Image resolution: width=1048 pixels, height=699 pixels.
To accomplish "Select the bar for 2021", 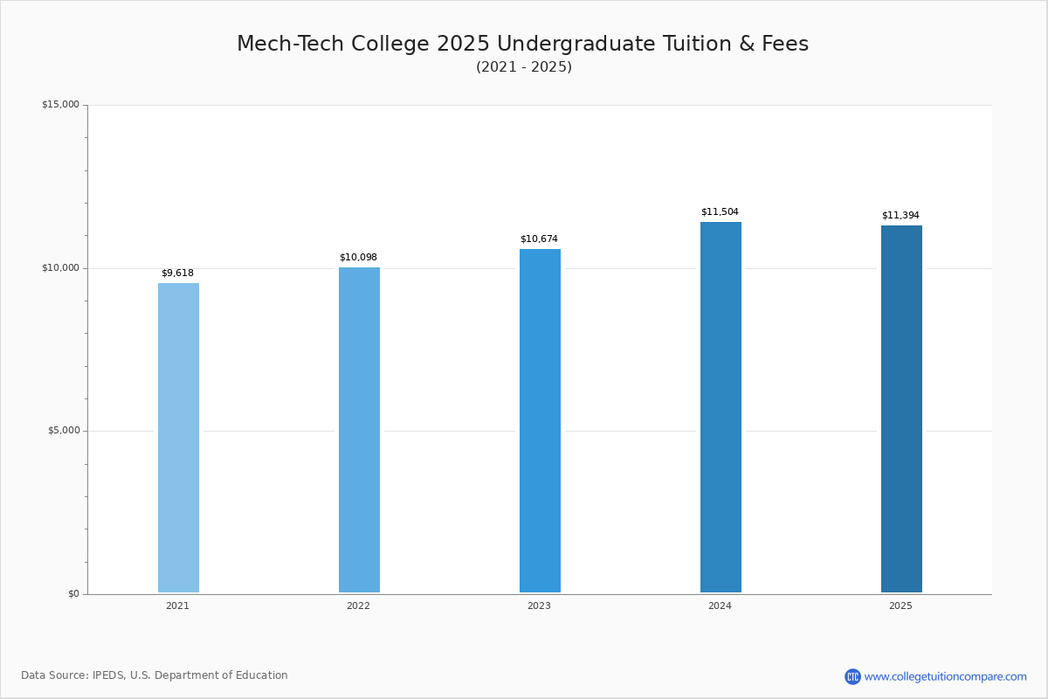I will point(178,438).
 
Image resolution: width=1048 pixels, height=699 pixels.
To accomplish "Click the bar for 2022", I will point(359,430).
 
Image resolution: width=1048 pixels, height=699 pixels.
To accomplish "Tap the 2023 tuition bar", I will point(540,420).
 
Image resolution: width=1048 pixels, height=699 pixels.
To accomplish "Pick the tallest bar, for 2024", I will point(720,407).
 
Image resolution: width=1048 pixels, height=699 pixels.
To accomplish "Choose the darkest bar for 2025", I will point(901,409).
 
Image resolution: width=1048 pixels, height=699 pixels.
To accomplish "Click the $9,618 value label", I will point(177,273).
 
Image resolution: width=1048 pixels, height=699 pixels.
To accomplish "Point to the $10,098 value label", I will point(358,258).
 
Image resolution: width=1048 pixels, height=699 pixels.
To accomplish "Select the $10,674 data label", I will point(539,239).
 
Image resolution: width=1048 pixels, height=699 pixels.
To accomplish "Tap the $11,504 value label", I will point(720,212).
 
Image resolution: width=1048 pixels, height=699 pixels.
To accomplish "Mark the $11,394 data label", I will point(900,216).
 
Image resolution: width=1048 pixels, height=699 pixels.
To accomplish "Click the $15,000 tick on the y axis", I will point(60,105).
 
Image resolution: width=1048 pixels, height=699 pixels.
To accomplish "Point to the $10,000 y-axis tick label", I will point(60,268).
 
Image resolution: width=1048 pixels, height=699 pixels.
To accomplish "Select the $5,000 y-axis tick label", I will point(63,431).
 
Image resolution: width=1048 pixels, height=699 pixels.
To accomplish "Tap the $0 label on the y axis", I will point(73,594).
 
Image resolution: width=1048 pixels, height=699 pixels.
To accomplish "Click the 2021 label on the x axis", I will point(177,606).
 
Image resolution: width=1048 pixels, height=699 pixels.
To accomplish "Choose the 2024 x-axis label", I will point(720,606).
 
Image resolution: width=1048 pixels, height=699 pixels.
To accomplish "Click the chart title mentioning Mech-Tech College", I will point(523,45).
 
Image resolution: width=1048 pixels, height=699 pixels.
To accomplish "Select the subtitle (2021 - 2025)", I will point(524,67).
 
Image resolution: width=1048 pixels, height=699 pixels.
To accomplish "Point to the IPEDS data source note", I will point(155,675).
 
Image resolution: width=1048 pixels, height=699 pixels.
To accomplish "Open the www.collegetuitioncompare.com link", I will point(945,676).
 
